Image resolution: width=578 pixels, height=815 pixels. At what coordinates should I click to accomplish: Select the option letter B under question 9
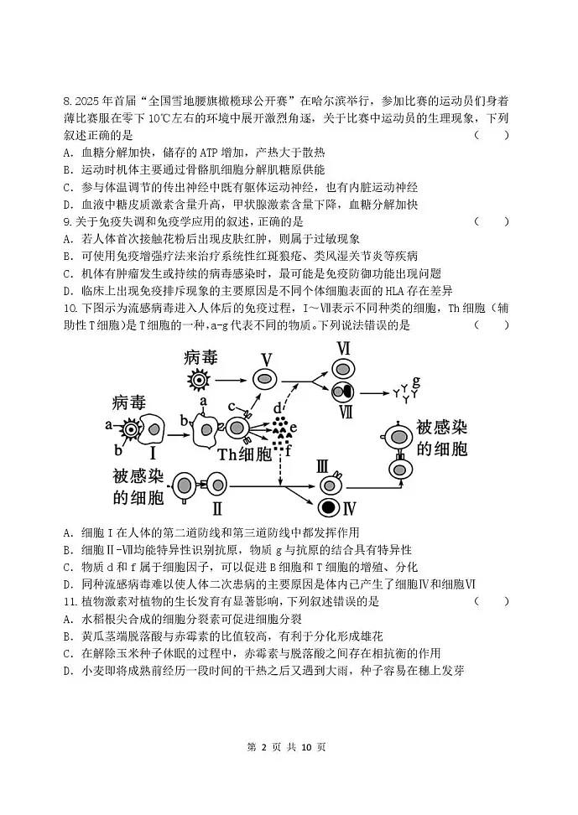[66, 256]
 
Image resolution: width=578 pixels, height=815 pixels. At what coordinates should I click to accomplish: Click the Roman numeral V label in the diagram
[266, 360]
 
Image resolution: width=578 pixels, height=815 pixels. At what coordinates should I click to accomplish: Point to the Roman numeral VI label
[342, 346]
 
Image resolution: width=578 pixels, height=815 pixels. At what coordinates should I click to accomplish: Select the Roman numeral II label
[216, 507]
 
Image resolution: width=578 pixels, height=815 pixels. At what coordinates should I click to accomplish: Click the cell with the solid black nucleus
[327, 508]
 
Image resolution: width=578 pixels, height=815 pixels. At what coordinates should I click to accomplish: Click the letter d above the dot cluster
[278, 408]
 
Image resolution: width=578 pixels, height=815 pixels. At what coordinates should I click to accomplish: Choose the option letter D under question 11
[66, 671]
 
